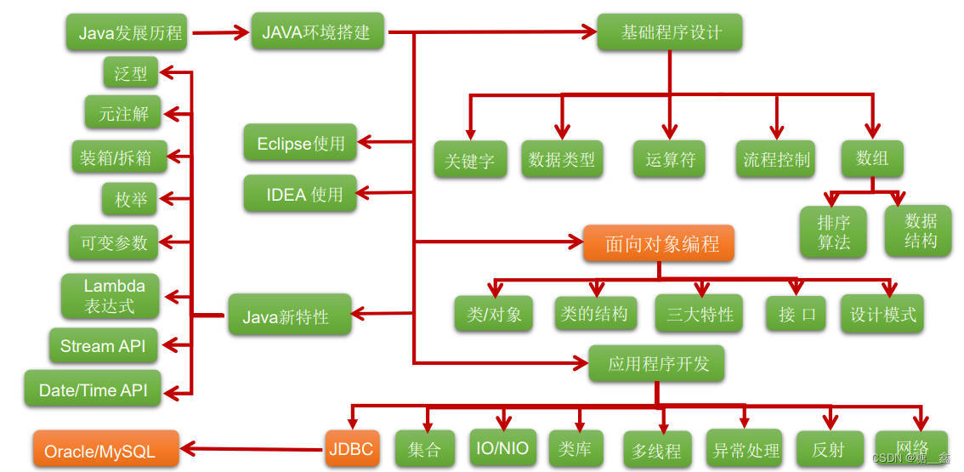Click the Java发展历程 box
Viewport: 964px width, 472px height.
coord(130,33)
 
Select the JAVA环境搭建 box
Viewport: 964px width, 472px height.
coord(317,32)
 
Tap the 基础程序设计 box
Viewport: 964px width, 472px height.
coord(670,32)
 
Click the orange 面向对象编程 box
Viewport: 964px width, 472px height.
coord(659,243)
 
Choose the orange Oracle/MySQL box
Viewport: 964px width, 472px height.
coord(106,448)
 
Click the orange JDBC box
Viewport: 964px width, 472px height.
coord(349,447)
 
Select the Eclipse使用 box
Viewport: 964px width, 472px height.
coord(300,143)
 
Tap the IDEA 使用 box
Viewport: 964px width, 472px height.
coord(300,194)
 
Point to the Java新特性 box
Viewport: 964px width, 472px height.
coord(289,316)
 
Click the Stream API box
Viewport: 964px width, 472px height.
coord(103,346)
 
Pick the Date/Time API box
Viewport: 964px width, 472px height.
coord(94,390)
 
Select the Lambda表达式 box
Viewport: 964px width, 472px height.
coord(110,296)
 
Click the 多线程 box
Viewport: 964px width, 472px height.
coord(656,450)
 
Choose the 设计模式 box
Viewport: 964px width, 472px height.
coord(882,314)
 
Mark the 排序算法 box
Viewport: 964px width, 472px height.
coord(833,231)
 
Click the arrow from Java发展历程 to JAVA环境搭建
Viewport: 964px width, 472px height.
coord(220,34)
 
